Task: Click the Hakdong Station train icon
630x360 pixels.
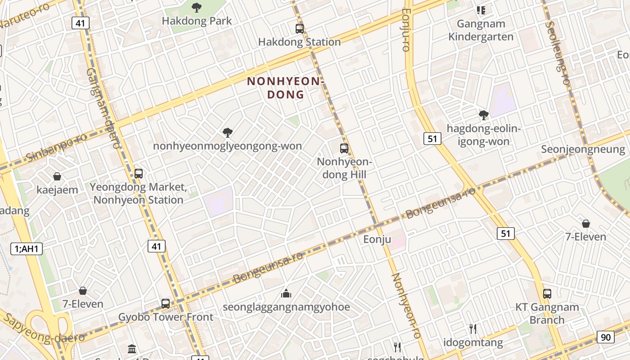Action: click(300, 29)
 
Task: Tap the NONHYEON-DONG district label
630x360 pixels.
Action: click(286, 88)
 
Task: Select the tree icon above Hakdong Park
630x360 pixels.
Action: click(196, 7)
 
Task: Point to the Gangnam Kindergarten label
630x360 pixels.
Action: click(481, 30)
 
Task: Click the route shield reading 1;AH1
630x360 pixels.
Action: click(27, 248)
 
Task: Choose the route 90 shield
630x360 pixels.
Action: click(606, 337)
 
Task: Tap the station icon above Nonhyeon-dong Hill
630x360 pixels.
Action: click(344, 148)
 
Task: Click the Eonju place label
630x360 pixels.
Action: click(377, 239)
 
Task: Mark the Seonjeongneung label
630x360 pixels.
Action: click(583, 149)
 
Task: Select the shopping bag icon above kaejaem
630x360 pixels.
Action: click(57, 176)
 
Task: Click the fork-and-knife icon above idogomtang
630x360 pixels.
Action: click(473, 329)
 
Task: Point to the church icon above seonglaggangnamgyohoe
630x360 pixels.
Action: click(286, 294)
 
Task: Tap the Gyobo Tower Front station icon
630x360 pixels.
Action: click(166, 304)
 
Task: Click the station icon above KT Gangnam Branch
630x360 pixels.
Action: click(547, 294)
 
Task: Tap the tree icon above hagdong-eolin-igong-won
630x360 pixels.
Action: click(484, 115)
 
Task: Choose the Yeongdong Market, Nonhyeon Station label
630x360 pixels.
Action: click(138, 193)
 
